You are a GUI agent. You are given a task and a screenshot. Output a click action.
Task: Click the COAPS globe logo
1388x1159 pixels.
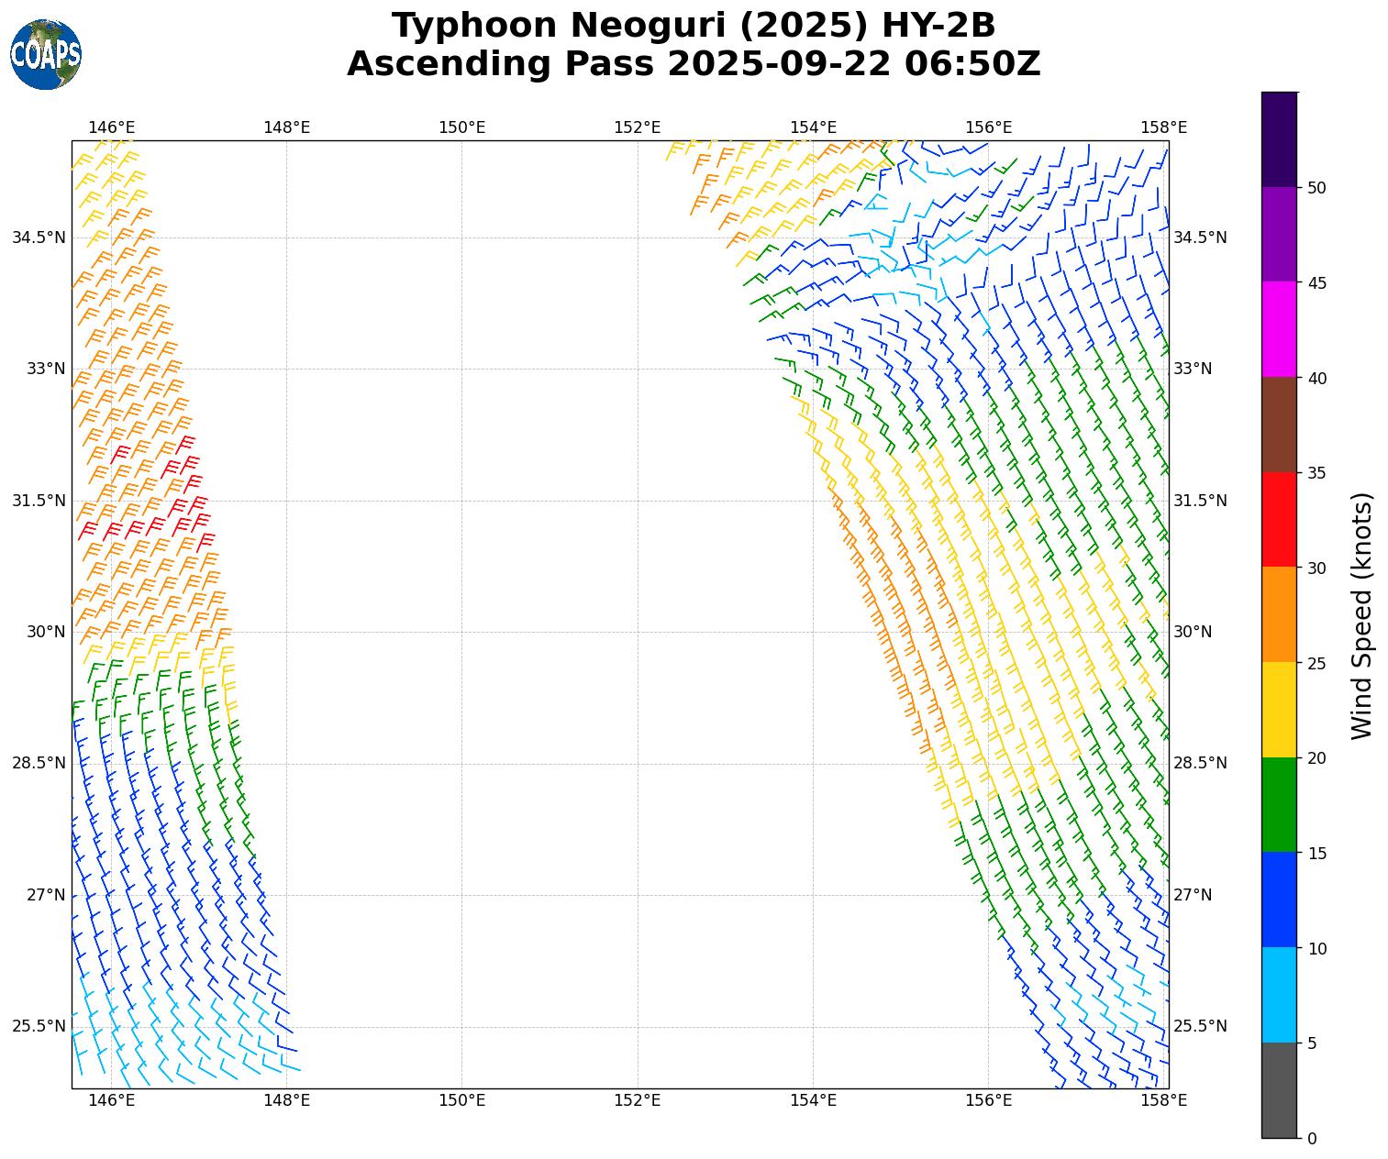tap(46, 55)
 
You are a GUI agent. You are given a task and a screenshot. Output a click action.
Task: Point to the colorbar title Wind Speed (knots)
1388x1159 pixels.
tap(1363, 615)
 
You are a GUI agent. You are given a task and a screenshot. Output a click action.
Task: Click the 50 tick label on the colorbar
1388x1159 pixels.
tap(1316, 188)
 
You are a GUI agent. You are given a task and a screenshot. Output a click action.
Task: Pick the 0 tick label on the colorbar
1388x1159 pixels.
tap(1312, 1139)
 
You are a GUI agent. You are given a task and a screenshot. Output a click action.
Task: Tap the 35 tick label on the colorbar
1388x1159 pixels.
tap(1316, 473)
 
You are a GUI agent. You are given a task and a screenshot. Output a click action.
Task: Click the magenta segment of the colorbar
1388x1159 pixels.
tap(1279, 329)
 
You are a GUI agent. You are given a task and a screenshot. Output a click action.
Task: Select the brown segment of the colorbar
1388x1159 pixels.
tap(1279, 425)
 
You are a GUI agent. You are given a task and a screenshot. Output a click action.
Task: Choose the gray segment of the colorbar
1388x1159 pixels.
tap(1279, 1090)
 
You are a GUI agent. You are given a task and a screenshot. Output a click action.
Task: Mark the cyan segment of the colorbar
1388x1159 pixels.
tap(1279, 995)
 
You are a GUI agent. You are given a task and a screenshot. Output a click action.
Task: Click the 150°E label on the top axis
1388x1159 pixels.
tap(461, 127)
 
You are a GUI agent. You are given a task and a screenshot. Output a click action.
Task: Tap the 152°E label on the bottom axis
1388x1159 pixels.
tap(638, 1100)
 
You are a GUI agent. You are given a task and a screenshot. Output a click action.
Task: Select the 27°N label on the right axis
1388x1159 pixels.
tap(1193, 895)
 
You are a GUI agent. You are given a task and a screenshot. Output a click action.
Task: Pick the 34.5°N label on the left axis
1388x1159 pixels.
tap(39, 237)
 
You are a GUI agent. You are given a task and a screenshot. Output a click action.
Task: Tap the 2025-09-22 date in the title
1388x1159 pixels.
tap(779, 64)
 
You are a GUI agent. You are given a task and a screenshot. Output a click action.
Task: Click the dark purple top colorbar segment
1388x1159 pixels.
tap(1279, 139)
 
